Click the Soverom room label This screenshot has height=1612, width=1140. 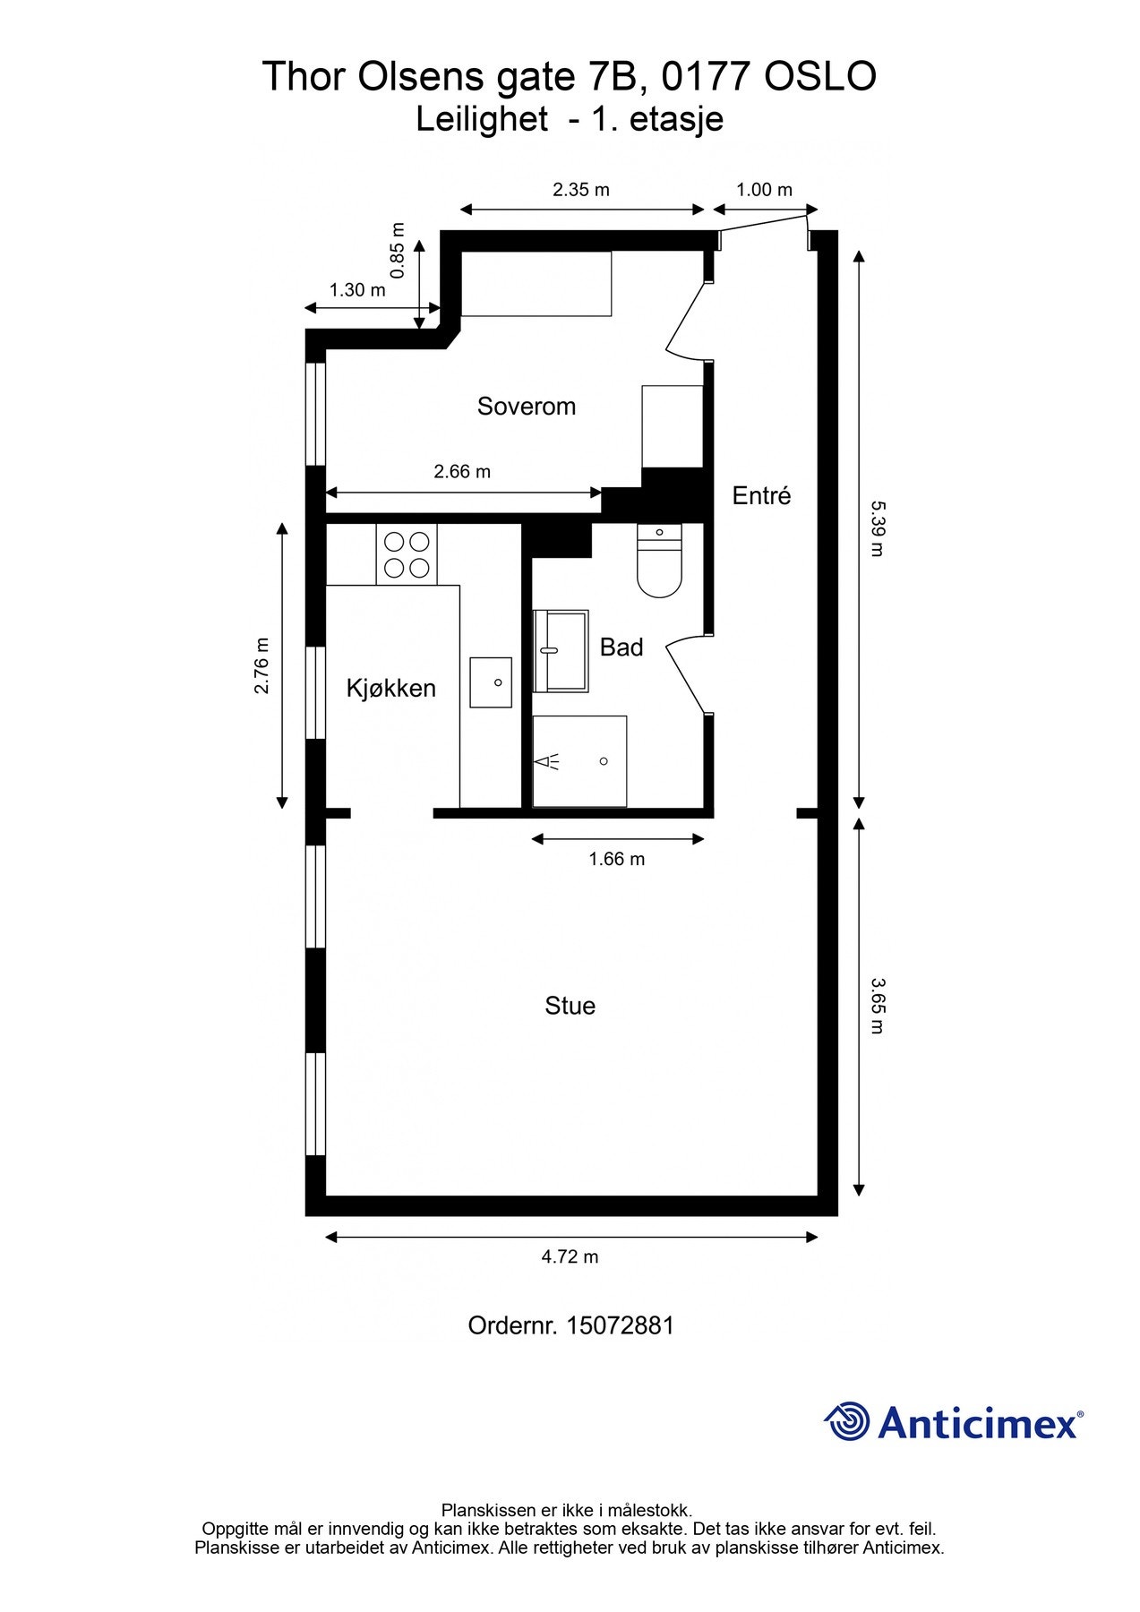526,407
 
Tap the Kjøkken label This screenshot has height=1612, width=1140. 391,688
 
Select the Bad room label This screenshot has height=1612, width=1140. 621,647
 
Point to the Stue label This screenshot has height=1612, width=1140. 570,1006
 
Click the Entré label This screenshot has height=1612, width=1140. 761,495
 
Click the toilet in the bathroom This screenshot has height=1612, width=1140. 659,561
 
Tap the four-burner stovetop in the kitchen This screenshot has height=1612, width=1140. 406,554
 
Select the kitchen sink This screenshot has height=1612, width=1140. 491,682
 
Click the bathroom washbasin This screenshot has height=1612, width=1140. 561,651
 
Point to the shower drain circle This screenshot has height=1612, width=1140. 604,761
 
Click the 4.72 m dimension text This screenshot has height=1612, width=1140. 570,1256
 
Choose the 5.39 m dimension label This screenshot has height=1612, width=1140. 878,528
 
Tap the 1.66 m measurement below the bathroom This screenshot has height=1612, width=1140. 616,859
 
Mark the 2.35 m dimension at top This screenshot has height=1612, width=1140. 581,190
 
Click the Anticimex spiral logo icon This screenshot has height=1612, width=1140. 846,1421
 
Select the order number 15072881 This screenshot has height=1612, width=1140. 620,1325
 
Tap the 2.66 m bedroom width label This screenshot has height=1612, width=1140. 462,471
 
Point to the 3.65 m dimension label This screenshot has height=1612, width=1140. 878,1006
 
